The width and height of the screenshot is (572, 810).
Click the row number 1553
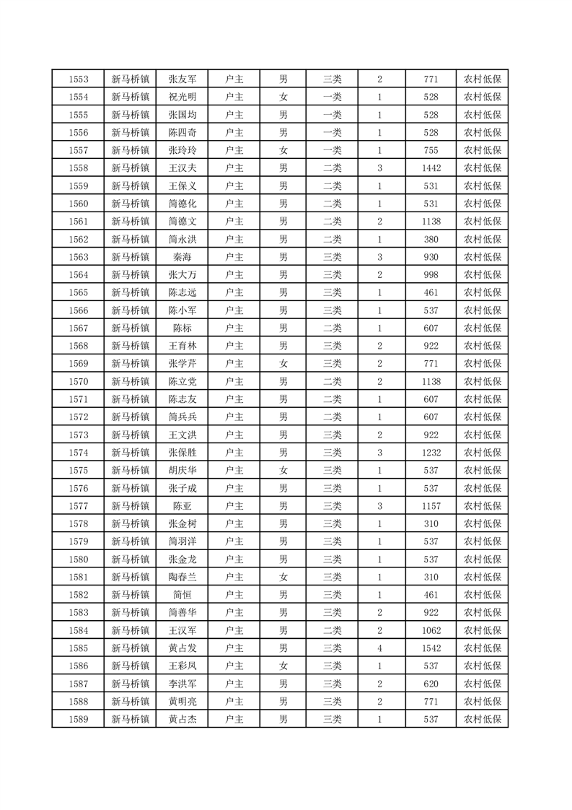point(78,79)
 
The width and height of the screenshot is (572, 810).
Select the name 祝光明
point(182,97)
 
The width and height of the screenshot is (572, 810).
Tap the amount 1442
point(431,168)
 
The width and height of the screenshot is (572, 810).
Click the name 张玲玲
point(182,150)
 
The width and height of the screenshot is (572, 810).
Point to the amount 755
point(431,150)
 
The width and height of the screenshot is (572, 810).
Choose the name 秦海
point(182,257)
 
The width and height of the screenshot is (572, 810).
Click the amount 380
point(431,239)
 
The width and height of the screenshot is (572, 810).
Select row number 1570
point(78,381)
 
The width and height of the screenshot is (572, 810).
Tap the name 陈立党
point(182,381)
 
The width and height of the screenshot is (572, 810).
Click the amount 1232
point(431,453)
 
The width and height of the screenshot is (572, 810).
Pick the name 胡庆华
point(182,470)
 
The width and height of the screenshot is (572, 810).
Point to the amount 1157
point(431,506)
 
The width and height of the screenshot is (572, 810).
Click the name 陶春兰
point(182,577)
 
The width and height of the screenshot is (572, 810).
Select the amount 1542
point(431,648)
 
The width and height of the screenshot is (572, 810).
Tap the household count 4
point(379,648)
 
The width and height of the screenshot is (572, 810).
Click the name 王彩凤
point(182,666)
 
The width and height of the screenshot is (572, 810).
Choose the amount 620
point(431,684)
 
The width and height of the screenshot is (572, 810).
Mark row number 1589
point(78,719)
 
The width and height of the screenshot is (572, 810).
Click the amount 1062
point(431,630)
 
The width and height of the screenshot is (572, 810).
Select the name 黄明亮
point(182,702)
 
